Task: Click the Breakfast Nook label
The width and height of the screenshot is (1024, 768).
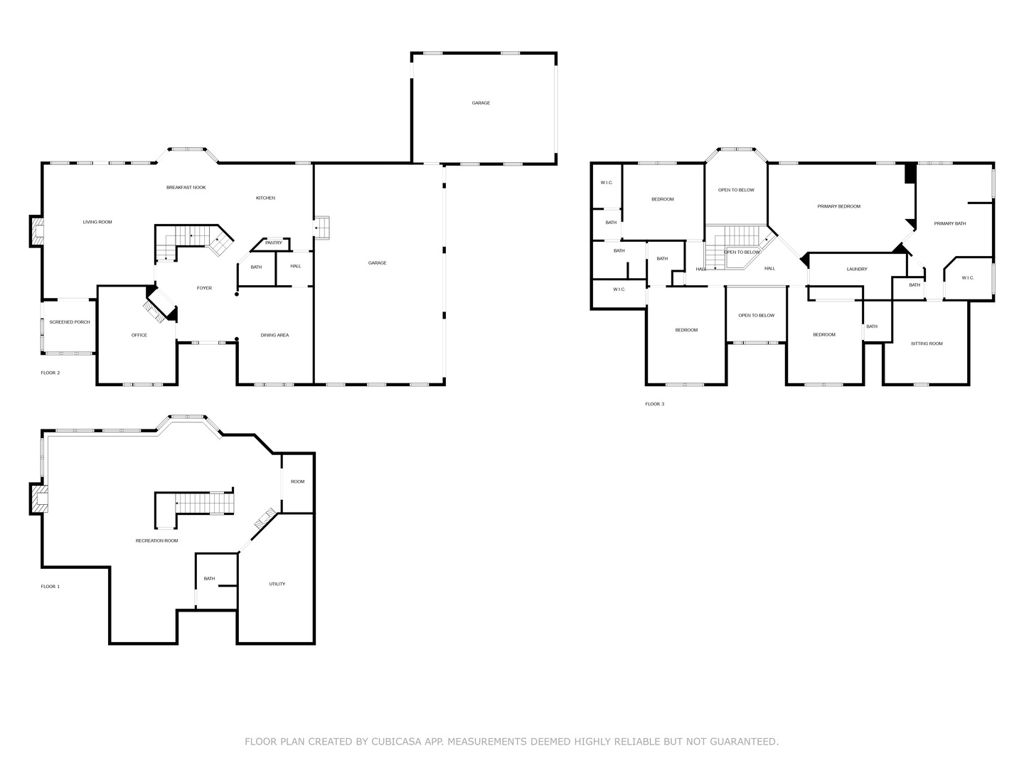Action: (186, 188)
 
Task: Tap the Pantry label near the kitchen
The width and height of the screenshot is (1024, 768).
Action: (273, 243)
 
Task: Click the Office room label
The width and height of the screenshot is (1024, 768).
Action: (139, 335)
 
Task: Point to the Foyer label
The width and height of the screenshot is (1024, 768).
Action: (204, 288)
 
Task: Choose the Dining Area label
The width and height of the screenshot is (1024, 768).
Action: (274, 335)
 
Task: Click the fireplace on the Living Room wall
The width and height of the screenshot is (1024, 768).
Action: (37, 231)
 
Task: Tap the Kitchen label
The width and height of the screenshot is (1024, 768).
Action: (265, 198)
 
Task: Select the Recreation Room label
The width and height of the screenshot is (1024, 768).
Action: (156, 541)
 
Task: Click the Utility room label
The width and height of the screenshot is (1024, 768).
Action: (277, 585)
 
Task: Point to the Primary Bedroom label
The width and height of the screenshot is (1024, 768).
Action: (839, 206)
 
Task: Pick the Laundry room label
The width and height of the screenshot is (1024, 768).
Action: (857, 269)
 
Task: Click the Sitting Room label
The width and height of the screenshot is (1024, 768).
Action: (927, 343)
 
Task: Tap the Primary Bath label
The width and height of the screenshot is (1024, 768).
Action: (950, 224)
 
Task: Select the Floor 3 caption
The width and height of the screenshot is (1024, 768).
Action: (654, 405)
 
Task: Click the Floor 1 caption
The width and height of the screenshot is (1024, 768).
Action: (50, 587)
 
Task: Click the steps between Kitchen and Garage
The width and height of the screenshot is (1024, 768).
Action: (321, 228)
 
